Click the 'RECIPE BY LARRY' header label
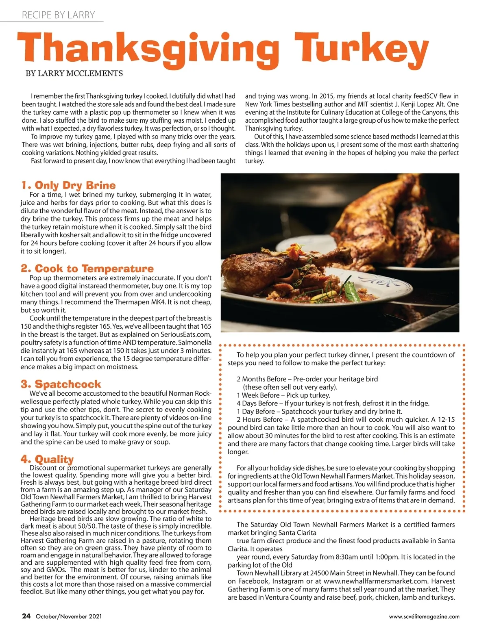(58, 15)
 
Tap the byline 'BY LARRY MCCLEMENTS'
(74, 74)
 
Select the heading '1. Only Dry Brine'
(68, 185)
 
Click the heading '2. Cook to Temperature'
(87, 269)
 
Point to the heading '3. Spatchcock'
(61, 384)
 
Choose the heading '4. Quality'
(47, 459)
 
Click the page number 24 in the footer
(26, 616)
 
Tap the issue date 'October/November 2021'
(69, 616)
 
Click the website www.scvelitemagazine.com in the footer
(424, 616)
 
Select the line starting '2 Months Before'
(307, 379)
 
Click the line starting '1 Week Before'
(283, 395)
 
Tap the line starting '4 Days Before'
(333, 403)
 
